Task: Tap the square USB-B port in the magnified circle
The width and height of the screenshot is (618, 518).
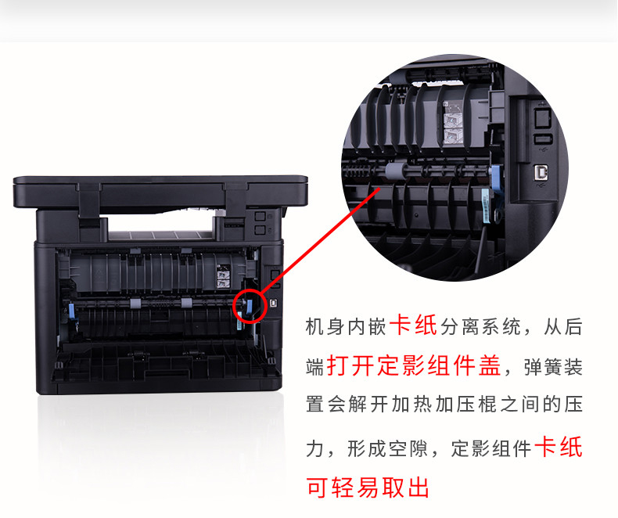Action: pos(539,173)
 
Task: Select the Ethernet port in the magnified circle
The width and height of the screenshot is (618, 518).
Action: pos(542,117)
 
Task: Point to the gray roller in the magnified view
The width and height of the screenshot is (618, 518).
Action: pos(393,171)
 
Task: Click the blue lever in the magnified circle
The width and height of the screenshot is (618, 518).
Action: pos(496,185)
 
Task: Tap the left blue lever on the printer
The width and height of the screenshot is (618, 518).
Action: pos(72,311)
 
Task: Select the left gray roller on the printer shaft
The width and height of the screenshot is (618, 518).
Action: pos(135,304)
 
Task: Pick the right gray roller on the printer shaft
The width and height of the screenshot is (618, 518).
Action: pos(186,303)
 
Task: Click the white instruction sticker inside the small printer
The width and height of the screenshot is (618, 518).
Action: pos(224,275)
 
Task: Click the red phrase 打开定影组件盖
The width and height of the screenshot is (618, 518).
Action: pos(414,366)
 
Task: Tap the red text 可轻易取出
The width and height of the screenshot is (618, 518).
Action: pos(368,487)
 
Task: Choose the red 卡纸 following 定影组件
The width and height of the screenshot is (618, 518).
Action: pos(559,447)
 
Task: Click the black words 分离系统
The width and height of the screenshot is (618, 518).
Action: pos(480,326)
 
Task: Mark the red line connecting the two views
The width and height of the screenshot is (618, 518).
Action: pos(320,240)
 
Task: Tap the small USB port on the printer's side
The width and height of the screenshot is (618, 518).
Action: pos(273,303)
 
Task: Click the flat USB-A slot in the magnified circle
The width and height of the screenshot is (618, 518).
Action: pos(543,139)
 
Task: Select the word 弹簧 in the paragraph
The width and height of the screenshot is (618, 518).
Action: pos(543,368)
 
